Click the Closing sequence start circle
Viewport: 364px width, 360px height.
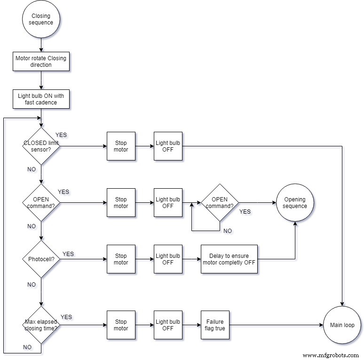(41, 19)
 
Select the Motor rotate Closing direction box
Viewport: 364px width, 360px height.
(41, 62)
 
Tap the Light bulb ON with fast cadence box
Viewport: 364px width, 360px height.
(41, 99)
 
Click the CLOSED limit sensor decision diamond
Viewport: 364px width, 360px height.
(41, 146)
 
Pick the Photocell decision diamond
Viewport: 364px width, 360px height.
(41, 259)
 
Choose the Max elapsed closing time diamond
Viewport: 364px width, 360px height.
(41, 325)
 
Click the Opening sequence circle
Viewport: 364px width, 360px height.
(295, 203)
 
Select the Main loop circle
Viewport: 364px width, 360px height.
(342, 325)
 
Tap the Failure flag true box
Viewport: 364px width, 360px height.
(215, 325)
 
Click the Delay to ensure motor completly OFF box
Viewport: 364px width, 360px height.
(229, 259)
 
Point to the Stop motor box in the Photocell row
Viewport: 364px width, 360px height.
(121, 259)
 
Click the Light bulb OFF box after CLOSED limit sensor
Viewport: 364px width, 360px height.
(168, 146)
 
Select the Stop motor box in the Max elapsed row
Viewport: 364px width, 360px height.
(121, 325)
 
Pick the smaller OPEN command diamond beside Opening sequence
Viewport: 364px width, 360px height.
(220, 203)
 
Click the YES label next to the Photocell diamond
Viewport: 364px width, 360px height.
(68, 254)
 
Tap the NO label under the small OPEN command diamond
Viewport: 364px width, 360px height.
(228, 231)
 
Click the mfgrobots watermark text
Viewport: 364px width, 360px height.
(331, 355)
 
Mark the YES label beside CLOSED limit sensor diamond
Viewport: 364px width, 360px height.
(61, 135)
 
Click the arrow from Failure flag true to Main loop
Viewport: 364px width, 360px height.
(276, 325)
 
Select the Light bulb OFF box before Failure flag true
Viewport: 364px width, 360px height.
(168, 325)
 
